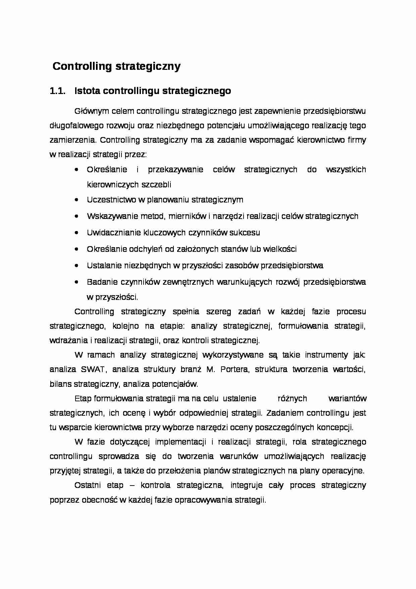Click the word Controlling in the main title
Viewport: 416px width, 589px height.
pyautogui.click(x=82, y=66)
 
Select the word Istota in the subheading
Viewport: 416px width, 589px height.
pyautogui.click(x=87, y=91)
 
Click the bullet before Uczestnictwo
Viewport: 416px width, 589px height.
pyautogui.click(x=77, y=200)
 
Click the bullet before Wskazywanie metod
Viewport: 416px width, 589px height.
pyautogui.click(x=77, y=216)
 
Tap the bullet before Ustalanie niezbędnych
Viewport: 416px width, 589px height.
pyautogui.click(x=77, y=266)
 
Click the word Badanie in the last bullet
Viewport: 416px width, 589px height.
pyautogui.click(x=100, y=282)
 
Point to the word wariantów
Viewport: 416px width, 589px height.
pyautogui.click(x=347, y=399)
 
